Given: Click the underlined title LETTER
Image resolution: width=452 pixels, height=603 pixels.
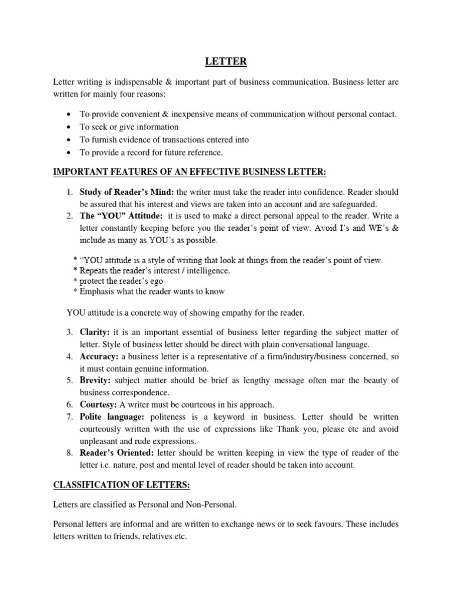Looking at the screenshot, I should [225, 61].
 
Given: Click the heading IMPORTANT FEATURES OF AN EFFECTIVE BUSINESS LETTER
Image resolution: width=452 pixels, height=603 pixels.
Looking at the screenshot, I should [190, 171].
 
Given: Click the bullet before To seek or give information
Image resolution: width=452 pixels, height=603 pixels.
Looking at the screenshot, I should [69, 127].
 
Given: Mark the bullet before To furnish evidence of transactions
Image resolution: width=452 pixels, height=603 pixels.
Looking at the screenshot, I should [69, 140].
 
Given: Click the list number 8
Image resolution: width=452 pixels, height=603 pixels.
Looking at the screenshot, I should [69, 453].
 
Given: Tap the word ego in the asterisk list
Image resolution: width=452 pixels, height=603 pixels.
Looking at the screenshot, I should [155, 281].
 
